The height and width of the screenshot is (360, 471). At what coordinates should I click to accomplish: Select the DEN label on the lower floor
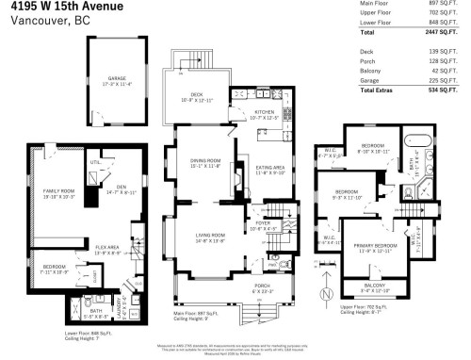coord(107,187)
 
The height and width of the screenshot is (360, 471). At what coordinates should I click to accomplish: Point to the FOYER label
coord(259,223)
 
